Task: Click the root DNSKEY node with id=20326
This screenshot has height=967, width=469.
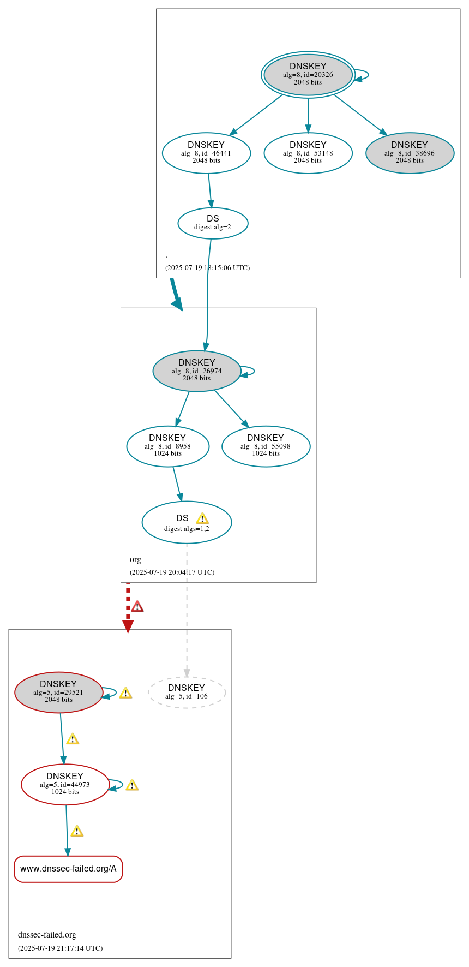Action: tap(308, 75)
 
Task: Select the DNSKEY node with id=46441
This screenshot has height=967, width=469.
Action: tap(206, 153)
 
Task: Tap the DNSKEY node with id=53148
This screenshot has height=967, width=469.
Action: tap(308, 153)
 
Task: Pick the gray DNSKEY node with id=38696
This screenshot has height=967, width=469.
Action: tap(410, 153)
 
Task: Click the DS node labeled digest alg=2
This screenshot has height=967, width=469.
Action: tap(213, 223)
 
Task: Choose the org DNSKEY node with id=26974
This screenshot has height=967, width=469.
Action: tap(197, 371)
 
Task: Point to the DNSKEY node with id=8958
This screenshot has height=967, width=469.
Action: tap(167, 446)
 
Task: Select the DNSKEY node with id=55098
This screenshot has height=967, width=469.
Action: tap(266, 446)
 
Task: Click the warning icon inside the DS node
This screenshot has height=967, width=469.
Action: tap(202, 518)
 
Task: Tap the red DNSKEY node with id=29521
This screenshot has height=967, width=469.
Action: tap(58, 693)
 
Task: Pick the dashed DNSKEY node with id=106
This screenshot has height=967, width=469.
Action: tap(187, 693)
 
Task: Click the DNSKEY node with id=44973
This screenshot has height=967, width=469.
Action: tap(65, 785)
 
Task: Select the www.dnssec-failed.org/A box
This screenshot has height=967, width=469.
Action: tap(68, 869)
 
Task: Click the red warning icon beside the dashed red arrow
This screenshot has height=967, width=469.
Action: tap(137, 606)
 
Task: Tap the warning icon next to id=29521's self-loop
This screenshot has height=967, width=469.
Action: tap(125, 693)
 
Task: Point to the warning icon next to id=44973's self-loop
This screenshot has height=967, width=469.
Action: tap(132, 785)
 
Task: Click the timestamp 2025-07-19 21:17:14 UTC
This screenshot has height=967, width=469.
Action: tap(60, 948)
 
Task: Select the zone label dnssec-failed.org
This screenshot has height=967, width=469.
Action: tap(47, 934)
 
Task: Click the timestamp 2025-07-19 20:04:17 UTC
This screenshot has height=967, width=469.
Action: tap(172, 572)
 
